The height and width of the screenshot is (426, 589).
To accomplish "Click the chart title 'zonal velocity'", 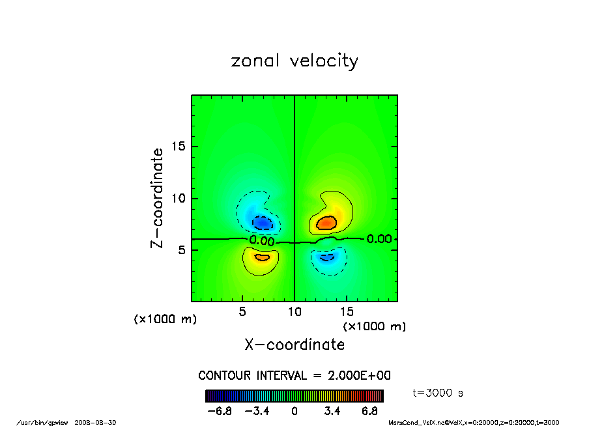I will (294, 61).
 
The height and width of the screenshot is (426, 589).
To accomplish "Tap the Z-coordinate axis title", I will (156, 198).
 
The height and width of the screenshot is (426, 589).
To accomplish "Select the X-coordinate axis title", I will (294, 345).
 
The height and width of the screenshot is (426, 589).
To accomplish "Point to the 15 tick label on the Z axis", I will (179, 147).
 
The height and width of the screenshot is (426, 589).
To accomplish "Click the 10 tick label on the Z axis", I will (179, 198).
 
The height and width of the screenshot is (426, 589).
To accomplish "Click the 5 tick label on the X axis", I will (242, 312).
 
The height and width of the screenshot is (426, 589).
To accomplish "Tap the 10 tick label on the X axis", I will (294, 312).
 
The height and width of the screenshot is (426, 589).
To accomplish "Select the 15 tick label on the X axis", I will (347, 312).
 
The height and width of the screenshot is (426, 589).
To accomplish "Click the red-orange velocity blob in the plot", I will (326, 223).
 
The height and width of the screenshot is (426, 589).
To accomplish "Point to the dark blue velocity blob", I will (263, 223).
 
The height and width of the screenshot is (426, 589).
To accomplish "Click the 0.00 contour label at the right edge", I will (379, 239).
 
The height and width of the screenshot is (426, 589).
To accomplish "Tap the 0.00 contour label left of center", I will (262, 241).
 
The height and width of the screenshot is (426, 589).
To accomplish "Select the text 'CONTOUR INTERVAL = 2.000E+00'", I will (294, 376).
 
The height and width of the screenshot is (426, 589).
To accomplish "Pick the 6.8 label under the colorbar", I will (371, 412).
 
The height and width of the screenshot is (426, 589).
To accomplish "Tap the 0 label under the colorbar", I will (294, 412).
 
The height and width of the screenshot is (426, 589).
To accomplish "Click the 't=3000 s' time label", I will (438, 393).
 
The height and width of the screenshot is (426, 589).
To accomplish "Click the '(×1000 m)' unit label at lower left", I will (165, 320).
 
